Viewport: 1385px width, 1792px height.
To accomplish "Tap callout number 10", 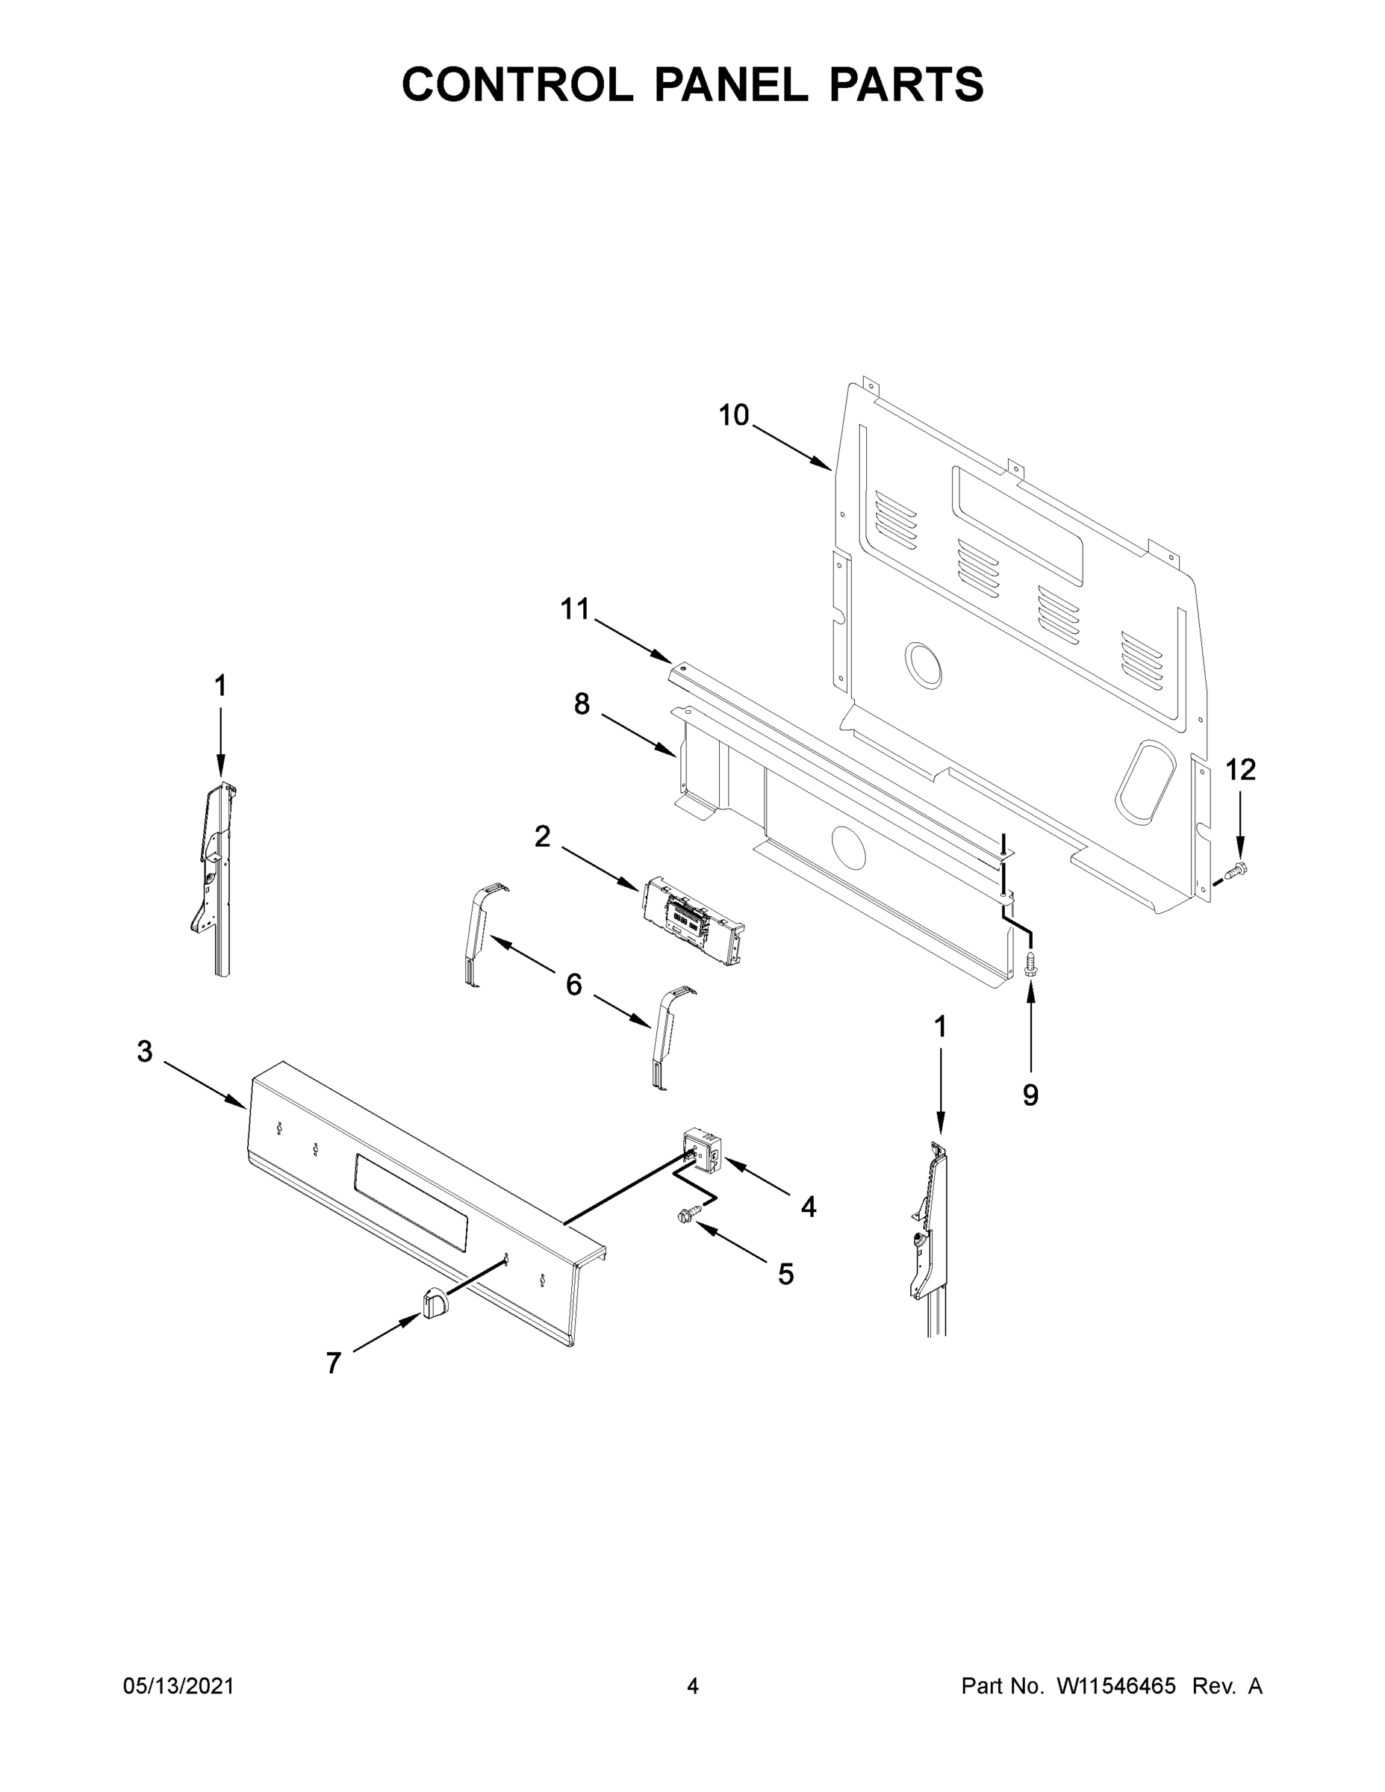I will [733, 416].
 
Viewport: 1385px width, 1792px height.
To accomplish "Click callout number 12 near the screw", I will [1239, 770].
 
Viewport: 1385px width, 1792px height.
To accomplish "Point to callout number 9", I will [1030, 1095].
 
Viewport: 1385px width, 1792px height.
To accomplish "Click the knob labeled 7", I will [435, 1301].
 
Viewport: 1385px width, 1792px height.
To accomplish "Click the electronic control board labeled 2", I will [694, 921].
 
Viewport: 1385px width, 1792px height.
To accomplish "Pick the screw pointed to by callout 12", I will [1234, 871].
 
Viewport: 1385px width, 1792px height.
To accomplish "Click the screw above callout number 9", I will [1031, 962].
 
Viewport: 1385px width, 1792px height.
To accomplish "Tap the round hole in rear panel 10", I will [924, 665].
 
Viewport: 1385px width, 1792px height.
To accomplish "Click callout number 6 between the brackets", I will [573, 984].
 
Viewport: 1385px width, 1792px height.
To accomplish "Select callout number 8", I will [581, 703].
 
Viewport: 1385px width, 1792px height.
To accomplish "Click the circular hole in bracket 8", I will [848, 847].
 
